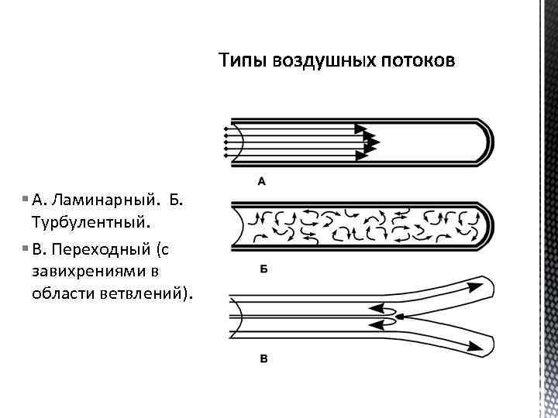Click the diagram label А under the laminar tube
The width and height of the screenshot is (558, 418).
point(261,182)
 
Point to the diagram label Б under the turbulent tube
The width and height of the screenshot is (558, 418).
point(263,270)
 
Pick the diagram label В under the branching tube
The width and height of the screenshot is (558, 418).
point(263,358)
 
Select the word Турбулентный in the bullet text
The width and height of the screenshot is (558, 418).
point(89,222)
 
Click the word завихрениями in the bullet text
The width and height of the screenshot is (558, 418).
point(89,272)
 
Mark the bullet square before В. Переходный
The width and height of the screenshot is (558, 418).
point(26,250)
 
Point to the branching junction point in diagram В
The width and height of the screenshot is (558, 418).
point(397,317)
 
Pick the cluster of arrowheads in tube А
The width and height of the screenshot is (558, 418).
point(367,142)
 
